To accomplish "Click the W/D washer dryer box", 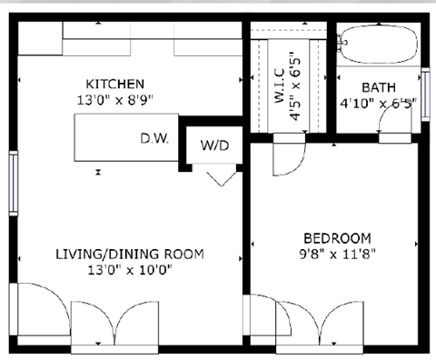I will click(214, 145).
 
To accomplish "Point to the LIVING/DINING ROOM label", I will click(129, 254).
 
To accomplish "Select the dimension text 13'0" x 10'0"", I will click(129, 269).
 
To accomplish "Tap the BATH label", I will click(378, 87).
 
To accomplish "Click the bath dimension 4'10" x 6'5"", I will click(378, 103).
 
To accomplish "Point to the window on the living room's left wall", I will click(13, 183).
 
